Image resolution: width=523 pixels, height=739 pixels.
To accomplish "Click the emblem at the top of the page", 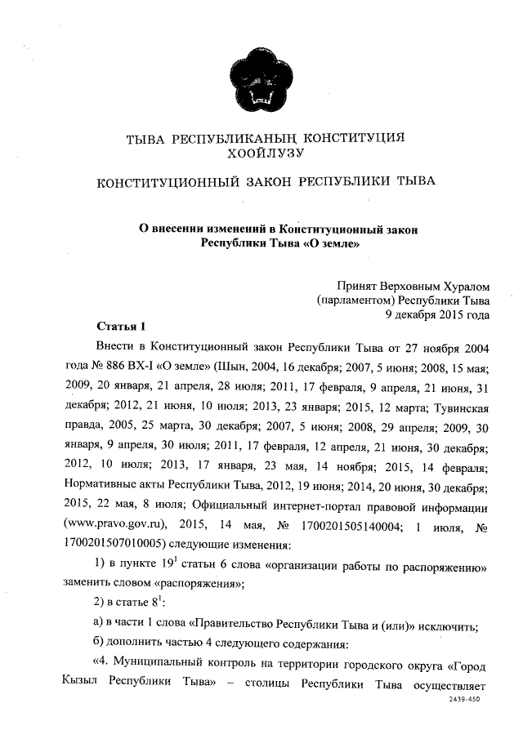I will pyautogui.click(x=261, y=80).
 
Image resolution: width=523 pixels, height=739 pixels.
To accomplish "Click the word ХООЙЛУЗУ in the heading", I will pyautogui.click(x=268, y=152).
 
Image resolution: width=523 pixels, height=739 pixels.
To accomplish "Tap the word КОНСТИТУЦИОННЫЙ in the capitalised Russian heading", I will pyautogui.click(x=168, y=181).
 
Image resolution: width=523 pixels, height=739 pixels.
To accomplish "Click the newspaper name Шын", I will pyautogui.click(x=232, y=365).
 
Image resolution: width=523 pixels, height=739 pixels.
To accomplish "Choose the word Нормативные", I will pyautogui.click(x=100, y=488).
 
